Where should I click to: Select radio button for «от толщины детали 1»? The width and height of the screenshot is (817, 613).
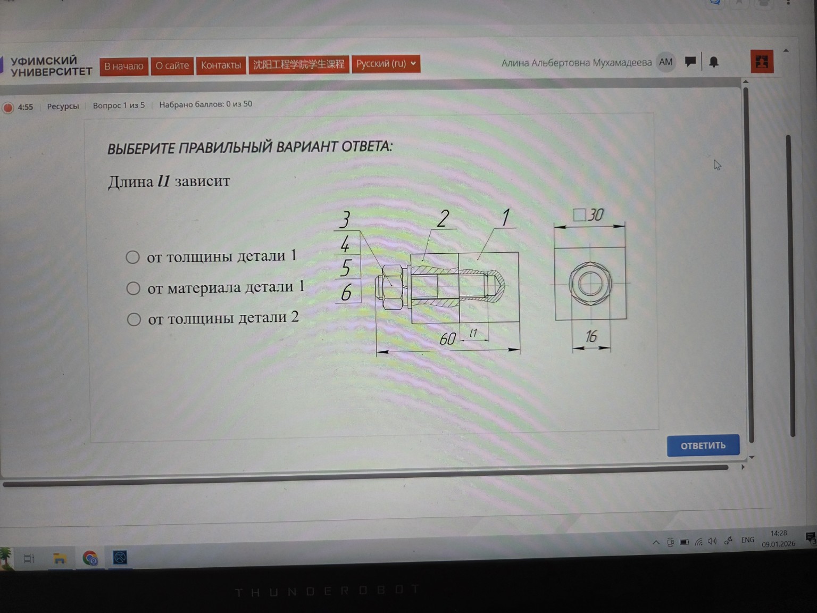(132, 257)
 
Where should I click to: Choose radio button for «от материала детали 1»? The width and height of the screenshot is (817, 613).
(134, 288)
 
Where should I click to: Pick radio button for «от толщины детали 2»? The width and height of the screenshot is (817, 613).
(134, 319)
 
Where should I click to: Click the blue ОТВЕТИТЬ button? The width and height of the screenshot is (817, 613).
(703, 445)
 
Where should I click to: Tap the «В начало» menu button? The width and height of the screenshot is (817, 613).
(124, 67)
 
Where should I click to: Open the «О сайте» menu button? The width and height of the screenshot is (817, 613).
(172, 66)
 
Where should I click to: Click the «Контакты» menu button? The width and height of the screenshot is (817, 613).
(221, 65)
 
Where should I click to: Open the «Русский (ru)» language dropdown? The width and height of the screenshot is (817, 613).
(386, 64)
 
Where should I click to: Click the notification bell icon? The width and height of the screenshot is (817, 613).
(713, 62)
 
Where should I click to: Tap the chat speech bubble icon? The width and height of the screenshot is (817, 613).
(690, 61)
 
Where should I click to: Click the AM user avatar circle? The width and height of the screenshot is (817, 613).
(665, 62)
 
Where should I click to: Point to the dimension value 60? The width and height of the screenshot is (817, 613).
(447, 339)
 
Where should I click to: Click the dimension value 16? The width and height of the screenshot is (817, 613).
(591, 336)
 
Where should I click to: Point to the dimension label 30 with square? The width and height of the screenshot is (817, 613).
(588, 215)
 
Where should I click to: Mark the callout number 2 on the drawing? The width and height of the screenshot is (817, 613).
(443, 219)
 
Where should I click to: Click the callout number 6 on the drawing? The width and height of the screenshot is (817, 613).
(346, 292)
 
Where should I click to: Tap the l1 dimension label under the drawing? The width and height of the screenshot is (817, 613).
(473, 333)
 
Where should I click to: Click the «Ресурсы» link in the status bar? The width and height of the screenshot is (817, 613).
(63, 106)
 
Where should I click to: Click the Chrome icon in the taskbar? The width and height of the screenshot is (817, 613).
(90, 558)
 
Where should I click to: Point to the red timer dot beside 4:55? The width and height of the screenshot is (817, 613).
(8, 108)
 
